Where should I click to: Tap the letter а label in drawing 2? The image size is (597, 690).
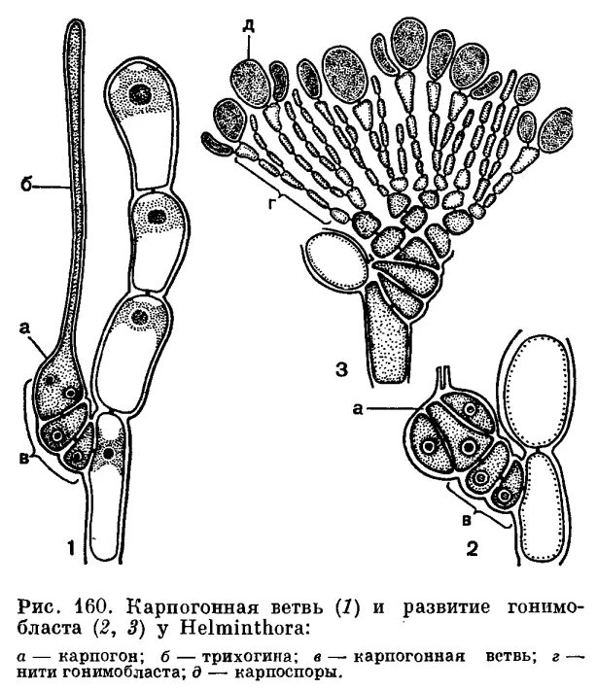coord(360,410)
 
